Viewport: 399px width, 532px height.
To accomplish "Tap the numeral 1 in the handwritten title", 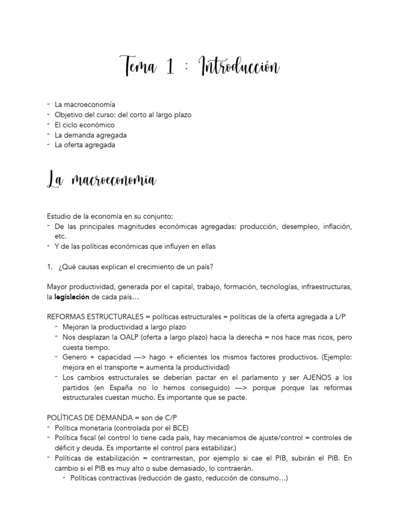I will [x=170, y=67].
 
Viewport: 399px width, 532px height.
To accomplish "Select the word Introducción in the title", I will [x=240, y=67].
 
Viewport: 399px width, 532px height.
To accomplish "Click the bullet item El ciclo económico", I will [x=84, y=125].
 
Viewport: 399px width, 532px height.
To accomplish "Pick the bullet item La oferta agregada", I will [x=85, y=145].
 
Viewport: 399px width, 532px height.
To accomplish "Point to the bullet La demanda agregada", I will [x=90, y=135].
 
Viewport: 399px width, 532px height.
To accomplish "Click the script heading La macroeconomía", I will [x=101, y=180].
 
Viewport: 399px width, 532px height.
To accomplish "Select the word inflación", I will [x=337, y=227].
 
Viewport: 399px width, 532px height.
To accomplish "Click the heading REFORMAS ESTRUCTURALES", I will [x=94, y=317].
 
